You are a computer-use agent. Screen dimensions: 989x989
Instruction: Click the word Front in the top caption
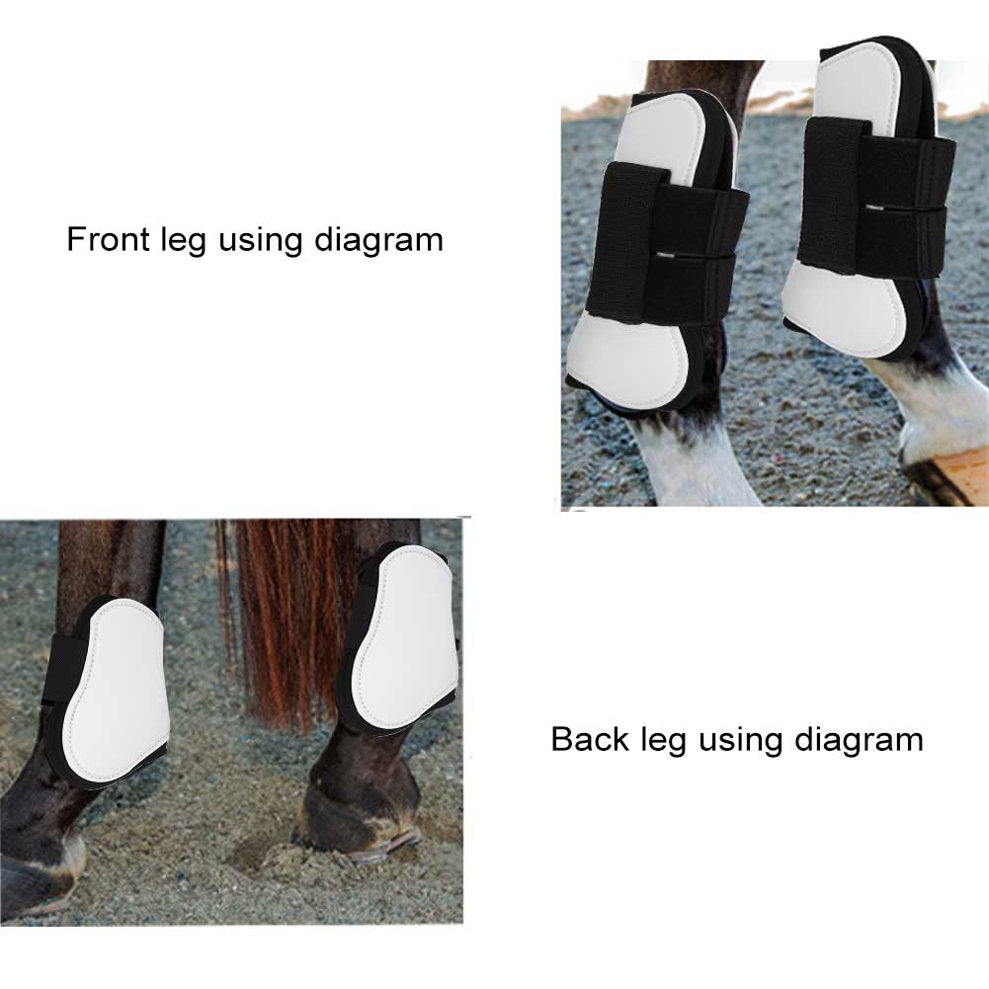(x=108, y=239)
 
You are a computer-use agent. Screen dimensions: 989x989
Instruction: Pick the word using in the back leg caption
(x=727, y=742)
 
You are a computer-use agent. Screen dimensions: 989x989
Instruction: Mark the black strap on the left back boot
(x=61, y=672)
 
